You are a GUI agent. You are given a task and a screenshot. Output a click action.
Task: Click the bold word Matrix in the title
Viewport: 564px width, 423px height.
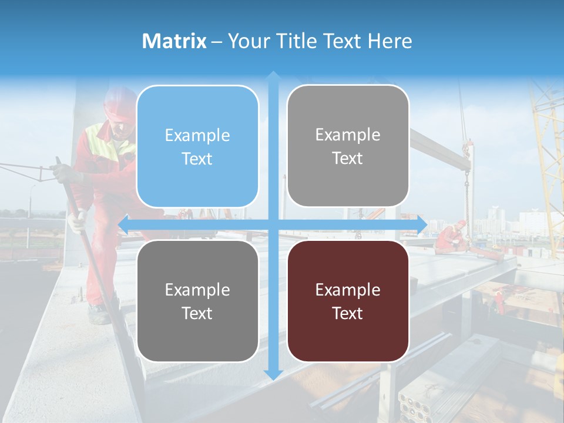tap(174, 41)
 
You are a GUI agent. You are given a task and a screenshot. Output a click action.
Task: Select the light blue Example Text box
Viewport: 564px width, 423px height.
tap(197, 146)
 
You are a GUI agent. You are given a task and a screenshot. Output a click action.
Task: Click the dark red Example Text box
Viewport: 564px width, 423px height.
tap(348, 301)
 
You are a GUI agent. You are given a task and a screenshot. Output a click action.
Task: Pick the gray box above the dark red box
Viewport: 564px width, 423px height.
tap(348, 146)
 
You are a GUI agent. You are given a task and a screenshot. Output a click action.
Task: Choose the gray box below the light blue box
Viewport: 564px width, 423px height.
tap(197, 301)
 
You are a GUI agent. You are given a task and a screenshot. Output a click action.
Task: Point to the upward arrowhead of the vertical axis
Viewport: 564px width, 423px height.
tap(273, 75)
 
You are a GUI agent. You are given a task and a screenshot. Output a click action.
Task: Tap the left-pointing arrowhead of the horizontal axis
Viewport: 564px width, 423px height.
tap(123, 224)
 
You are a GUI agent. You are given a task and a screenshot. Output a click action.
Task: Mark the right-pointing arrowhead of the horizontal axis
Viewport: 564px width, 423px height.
tap(422, 224)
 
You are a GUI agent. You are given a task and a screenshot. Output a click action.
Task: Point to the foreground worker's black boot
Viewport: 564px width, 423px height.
tap(99, 314)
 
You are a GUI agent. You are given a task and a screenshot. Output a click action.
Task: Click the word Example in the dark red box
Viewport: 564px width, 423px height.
tap(348, 290)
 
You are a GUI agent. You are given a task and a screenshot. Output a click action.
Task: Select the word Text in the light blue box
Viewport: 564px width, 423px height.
tap(197, 159)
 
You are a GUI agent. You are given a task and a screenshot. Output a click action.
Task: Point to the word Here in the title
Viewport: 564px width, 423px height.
tap(390, 41)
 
